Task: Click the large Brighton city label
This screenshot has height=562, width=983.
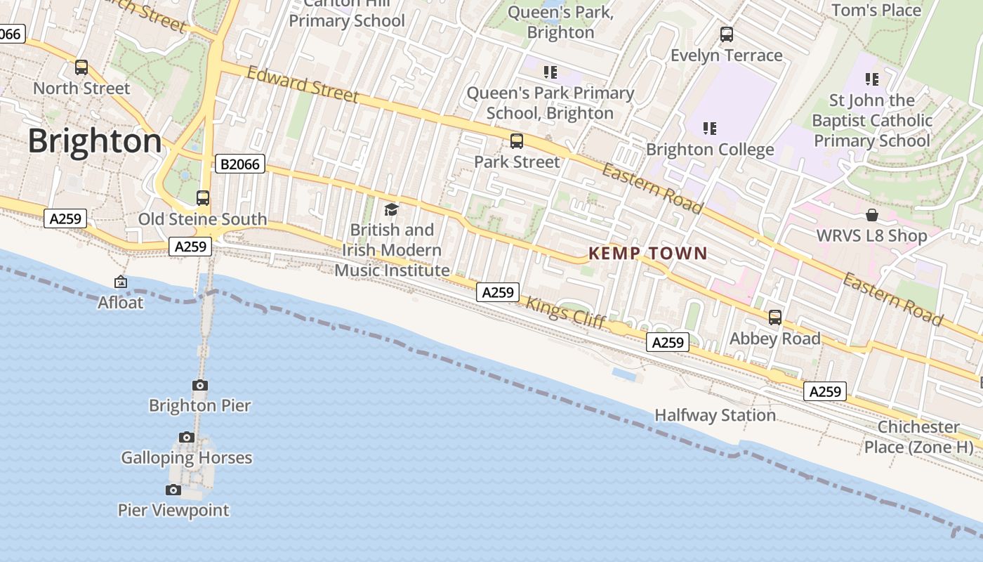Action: tap(95, 141)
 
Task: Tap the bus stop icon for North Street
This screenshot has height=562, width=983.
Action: tap(81, 67)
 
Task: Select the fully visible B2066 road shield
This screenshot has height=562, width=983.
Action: tap(239, 164)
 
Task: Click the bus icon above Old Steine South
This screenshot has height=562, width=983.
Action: tap(203, 198)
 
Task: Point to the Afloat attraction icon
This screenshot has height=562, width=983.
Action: tap(121, 282)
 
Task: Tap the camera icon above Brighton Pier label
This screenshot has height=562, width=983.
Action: tap(200, 385)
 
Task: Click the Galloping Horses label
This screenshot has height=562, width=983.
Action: tap(186, 458)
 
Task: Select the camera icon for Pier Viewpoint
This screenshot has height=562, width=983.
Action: tap(173, 490)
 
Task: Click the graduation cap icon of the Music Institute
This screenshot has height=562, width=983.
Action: tap(391, 209)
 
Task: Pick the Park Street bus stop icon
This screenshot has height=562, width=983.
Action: tap(517, 141)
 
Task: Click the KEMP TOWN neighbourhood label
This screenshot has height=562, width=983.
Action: tap(647, 254)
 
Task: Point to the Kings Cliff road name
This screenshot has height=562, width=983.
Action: tap(565, 313)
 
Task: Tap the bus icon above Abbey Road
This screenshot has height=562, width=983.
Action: tap(775, 318)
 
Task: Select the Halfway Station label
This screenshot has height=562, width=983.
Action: tap(715, 415)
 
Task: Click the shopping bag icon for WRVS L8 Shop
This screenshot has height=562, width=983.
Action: tap(872, 215)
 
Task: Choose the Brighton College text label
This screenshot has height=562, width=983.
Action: tap(710, 150)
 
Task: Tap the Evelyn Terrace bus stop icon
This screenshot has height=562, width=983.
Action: tap(727, 34)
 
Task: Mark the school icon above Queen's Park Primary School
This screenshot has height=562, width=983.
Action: tap(550, 72)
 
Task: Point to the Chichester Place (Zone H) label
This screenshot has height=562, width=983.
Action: tap(918, 437)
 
